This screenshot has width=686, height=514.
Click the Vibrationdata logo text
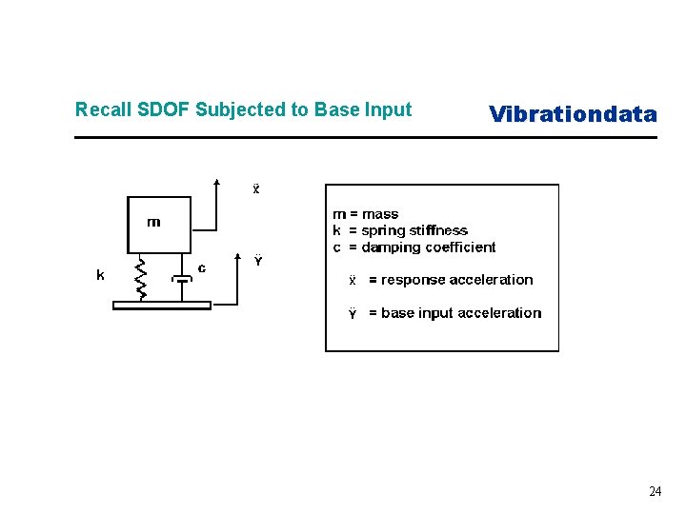coord(573,115)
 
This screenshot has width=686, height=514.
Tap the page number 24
coord(655,491)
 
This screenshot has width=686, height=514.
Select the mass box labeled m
coord(159,225)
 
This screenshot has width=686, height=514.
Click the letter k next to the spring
coord(100,275)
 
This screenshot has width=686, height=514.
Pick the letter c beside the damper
coord(201,268)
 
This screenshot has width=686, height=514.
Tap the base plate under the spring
coord(162,305)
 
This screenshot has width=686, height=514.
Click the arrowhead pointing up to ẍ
coord(217,182)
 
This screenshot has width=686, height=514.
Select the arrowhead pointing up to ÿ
coord(237,257)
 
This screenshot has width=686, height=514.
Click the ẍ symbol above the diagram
coord(255,188)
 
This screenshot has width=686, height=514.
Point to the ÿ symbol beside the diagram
coord(257,260)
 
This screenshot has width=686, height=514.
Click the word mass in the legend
coord(380,214)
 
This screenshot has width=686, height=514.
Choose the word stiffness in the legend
coord(439,230)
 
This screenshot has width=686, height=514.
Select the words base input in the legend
coord(417,313)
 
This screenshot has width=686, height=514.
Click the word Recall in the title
coord(98,109)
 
